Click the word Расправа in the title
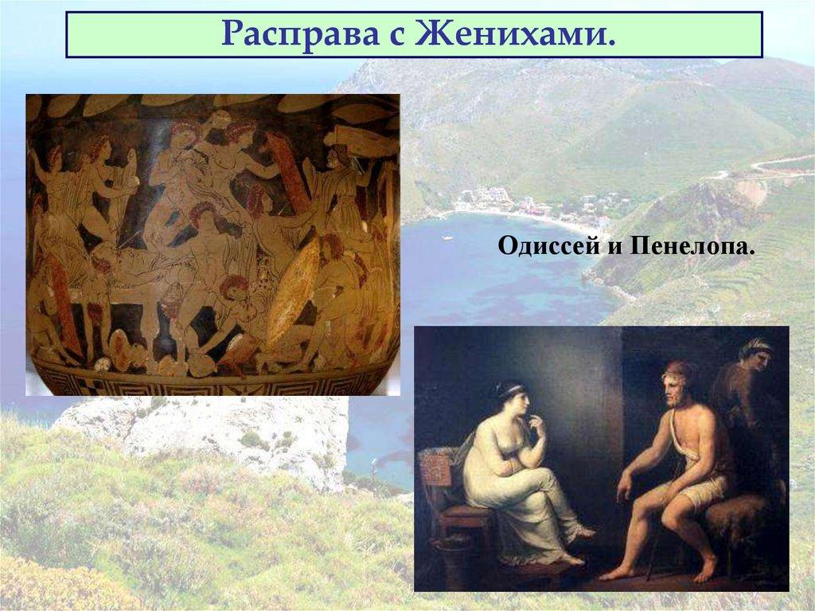[291, 34]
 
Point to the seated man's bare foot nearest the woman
[610, 573]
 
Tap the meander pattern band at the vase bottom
[215, 381]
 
